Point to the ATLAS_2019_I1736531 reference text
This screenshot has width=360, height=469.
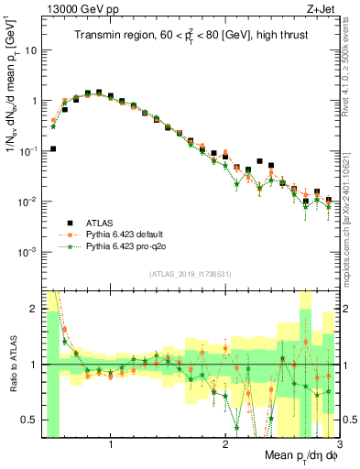(x=190, y=273)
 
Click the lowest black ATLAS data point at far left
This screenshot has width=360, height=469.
(x=53, y=148)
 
